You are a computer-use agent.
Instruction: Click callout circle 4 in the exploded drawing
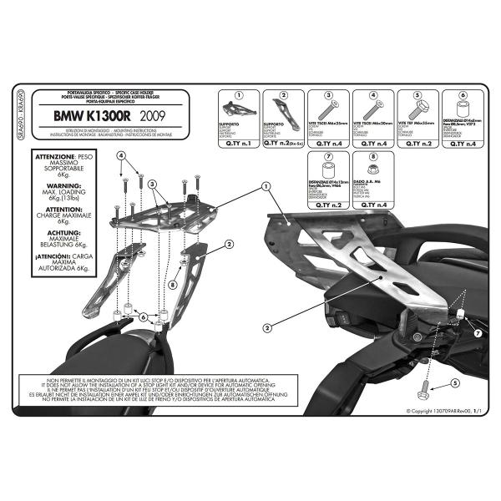tap(120, 156)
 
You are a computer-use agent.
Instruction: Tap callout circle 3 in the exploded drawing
tap(153, 184)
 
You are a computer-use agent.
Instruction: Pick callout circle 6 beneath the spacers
tap(143, 317)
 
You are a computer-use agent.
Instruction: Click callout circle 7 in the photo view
tap(477, 333)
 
